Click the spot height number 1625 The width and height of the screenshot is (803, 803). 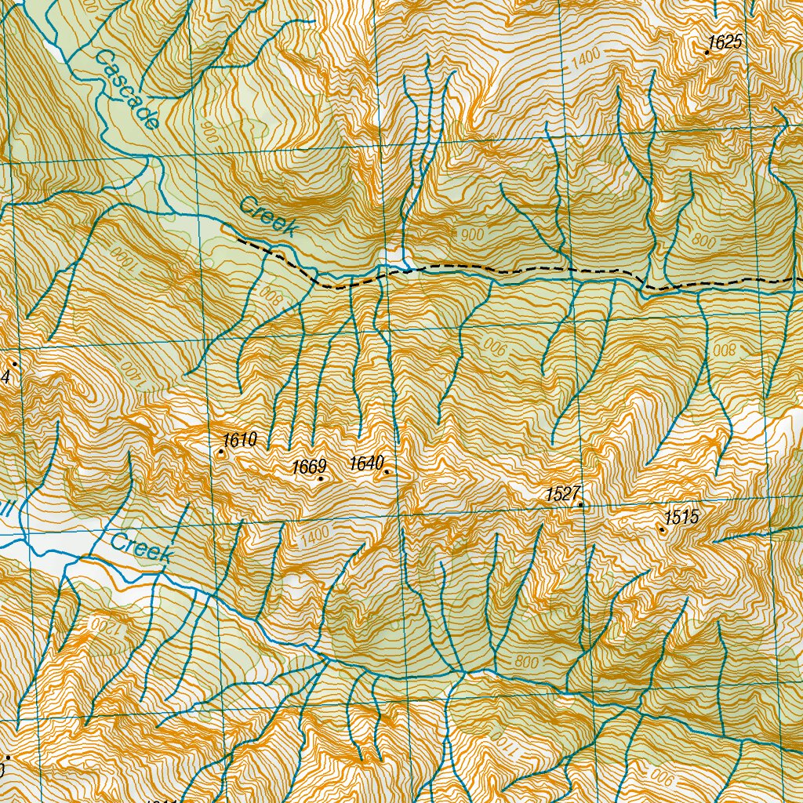pos(725,42)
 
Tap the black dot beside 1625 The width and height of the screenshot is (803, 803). pos(707,53)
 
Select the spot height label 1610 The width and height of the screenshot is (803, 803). pos(240,440)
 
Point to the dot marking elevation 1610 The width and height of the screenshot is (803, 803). pos(221,452)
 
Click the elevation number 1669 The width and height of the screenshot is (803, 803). pos(309,467)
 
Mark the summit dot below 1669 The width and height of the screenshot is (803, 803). pos(321,478)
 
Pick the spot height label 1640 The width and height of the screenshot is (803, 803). pos(366,463)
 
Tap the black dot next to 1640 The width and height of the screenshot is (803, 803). pos(387,472)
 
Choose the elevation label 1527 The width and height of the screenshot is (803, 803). pos(562,494)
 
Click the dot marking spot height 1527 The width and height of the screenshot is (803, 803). pos(581,505)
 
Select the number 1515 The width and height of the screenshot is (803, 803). pos(681,518)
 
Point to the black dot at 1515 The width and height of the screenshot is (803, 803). pos(663,530)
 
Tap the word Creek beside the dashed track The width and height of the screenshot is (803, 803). pos(269,217)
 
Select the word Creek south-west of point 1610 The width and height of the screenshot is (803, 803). pos(141,547)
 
